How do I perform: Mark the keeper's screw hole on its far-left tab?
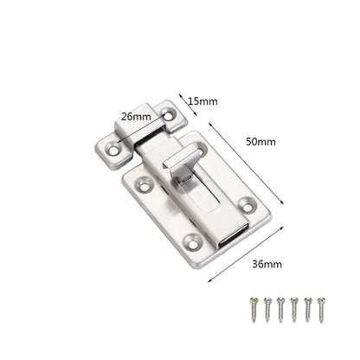pyautogui.click(x=112, y=154)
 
